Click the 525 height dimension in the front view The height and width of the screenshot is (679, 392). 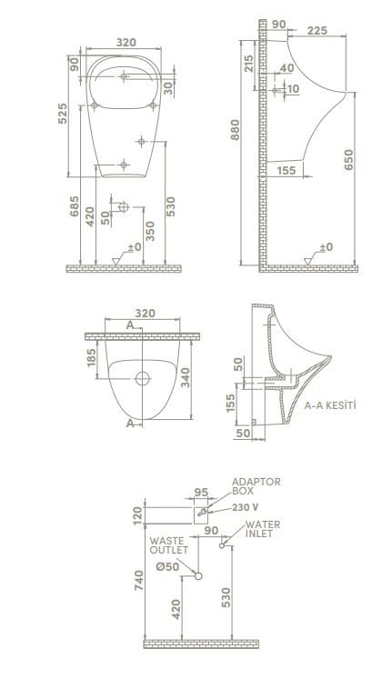pos(63,115)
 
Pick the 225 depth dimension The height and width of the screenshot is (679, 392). pos(317,31)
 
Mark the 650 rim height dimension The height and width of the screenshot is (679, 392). pos(350,160)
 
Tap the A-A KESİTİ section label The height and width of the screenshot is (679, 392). pos(330,405)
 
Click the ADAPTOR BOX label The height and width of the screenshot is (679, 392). pos(256,486)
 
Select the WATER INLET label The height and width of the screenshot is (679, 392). pos(263,529)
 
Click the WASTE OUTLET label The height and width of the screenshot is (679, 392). pos(168,545)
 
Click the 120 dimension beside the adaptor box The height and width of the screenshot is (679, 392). pos(138,514)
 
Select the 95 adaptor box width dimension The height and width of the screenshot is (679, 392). pos(202,494)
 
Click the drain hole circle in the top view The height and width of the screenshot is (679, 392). pos(142,377)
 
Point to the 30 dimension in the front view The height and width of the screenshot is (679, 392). pos(168,86)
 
